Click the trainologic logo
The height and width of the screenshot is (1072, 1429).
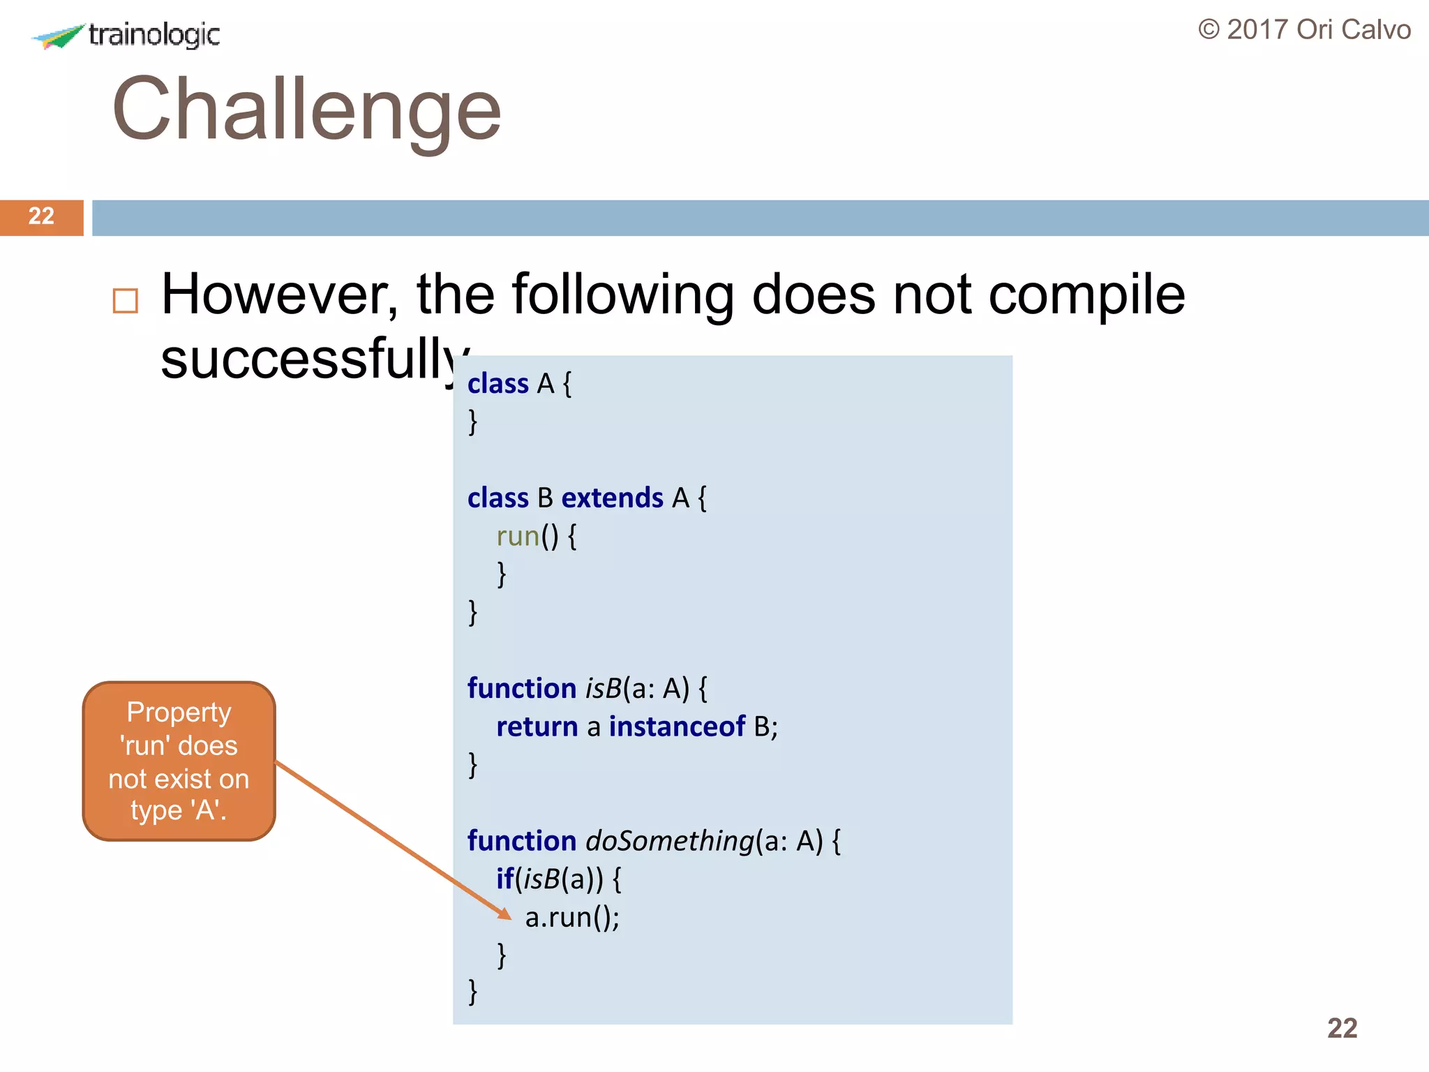coord(126,35)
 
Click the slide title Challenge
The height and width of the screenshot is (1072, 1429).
coord(306,110)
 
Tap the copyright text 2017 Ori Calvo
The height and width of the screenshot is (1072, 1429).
coord(1304,30)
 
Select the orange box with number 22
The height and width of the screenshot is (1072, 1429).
coord(41,217)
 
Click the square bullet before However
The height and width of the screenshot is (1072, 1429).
coord(126,301)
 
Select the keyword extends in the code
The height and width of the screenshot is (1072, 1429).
coord(612,498)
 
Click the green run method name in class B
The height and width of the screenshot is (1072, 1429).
coord(518,537)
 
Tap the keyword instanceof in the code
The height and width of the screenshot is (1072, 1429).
coord(677,727)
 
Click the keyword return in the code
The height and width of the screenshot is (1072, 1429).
coord(537,727)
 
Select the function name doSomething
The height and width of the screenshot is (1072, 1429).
coord(670,841)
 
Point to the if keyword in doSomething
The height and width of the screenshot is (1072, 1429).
coord(504,879)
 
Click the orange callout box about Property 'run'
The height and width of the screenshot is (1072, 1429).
coord(179,761)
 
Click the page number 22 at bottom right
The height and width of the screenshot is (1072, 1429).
coord(1342,1028)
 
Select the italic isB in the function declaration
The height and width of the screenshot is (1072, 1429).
coord(604,689)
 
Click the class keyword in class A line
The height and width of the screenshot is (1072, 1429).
coord(497,384)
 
